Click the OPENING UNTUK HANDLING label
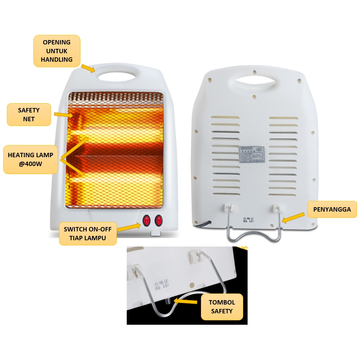pyautogui.click(x=57, y=51)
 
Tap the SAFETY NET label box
pyautogui.click(x=29, y=114)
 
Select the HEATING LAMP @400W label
pyautogui.click(x=30, y=159)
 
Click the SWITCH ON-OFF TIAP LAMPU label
pyautogui.click(x=88, y=233)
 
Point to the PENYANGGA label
pyautogui.click(x=332, y=209)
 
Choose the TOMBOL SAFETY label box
pyautogui.click(x=222, y=307)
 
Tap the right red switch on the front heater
pyautogui.click(x=159, y=220)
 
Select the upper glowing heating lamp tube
pyautogui.click(x=114, y=141)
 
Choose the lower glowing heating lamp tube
pyautogui.click(x=114, y=181)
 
